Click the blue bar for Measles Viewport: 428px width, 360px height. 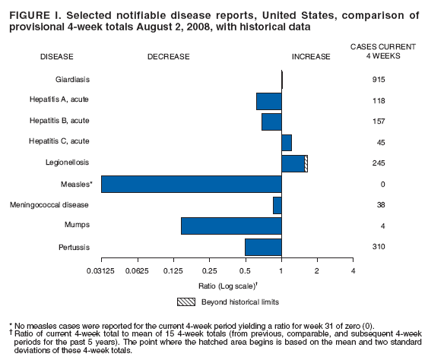pyautogui.click(x=191, y=184)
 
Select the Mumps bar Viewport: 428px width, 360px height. pyautogui.click(x=231, y=226)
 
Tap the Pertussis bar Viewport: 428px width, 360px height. pyautogui.click(x=263, y=247)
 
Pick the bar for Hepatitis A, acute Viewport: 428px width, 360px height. pyautogui.click(x=269, y=101)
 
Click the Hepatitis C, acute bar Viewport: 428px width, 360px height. pyautogui.click(x=287, y=142)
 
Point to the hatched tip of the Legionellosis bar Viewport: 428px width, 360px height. pyautogui.click(x=306, y=163)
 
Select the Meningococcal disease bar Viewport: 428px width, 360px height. pyautogui.click(x=277, y=205)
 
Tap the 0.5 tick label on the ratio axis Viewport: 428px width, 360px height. pyautogui.click(x=245, y=271)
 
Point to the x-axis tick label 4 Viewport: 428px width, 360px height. pyautogui.click(x=353, y=271)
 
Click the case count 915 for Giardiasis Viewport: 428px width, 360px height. pyautogui.click(x=378, y=80)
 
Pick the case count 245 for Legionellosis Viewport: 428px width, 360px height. pyautogui.click(x=378, y=163)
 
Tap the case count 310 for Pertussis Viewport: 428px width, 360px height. pyautogui.click(x=378, y=247)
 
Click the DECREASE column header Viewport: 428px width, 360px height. pyautogui.click(x=169, y=56)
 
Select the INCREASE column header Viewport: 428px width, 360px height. pyautogui.click(x=311, y=56)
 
